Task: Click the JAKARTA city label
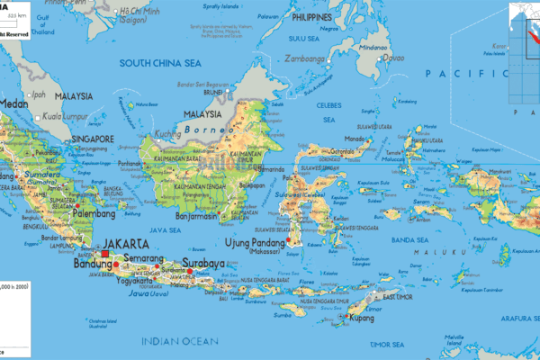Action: (x=126, y=243)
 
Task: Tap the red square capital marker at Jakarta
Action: (x=105, y=255)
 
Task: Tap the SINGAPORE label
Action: (x=88, y=139)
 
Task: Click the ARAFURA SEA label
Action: (x=507, y=316)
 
